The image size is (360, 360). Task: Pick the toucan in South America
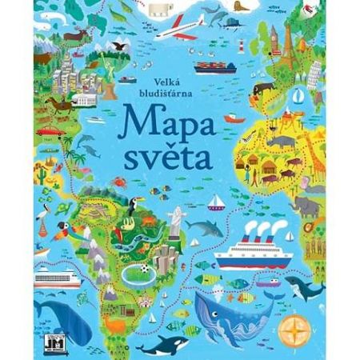[x=130, y=207]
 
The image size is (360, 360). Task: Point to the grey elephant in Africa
[x=306, y=206]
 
